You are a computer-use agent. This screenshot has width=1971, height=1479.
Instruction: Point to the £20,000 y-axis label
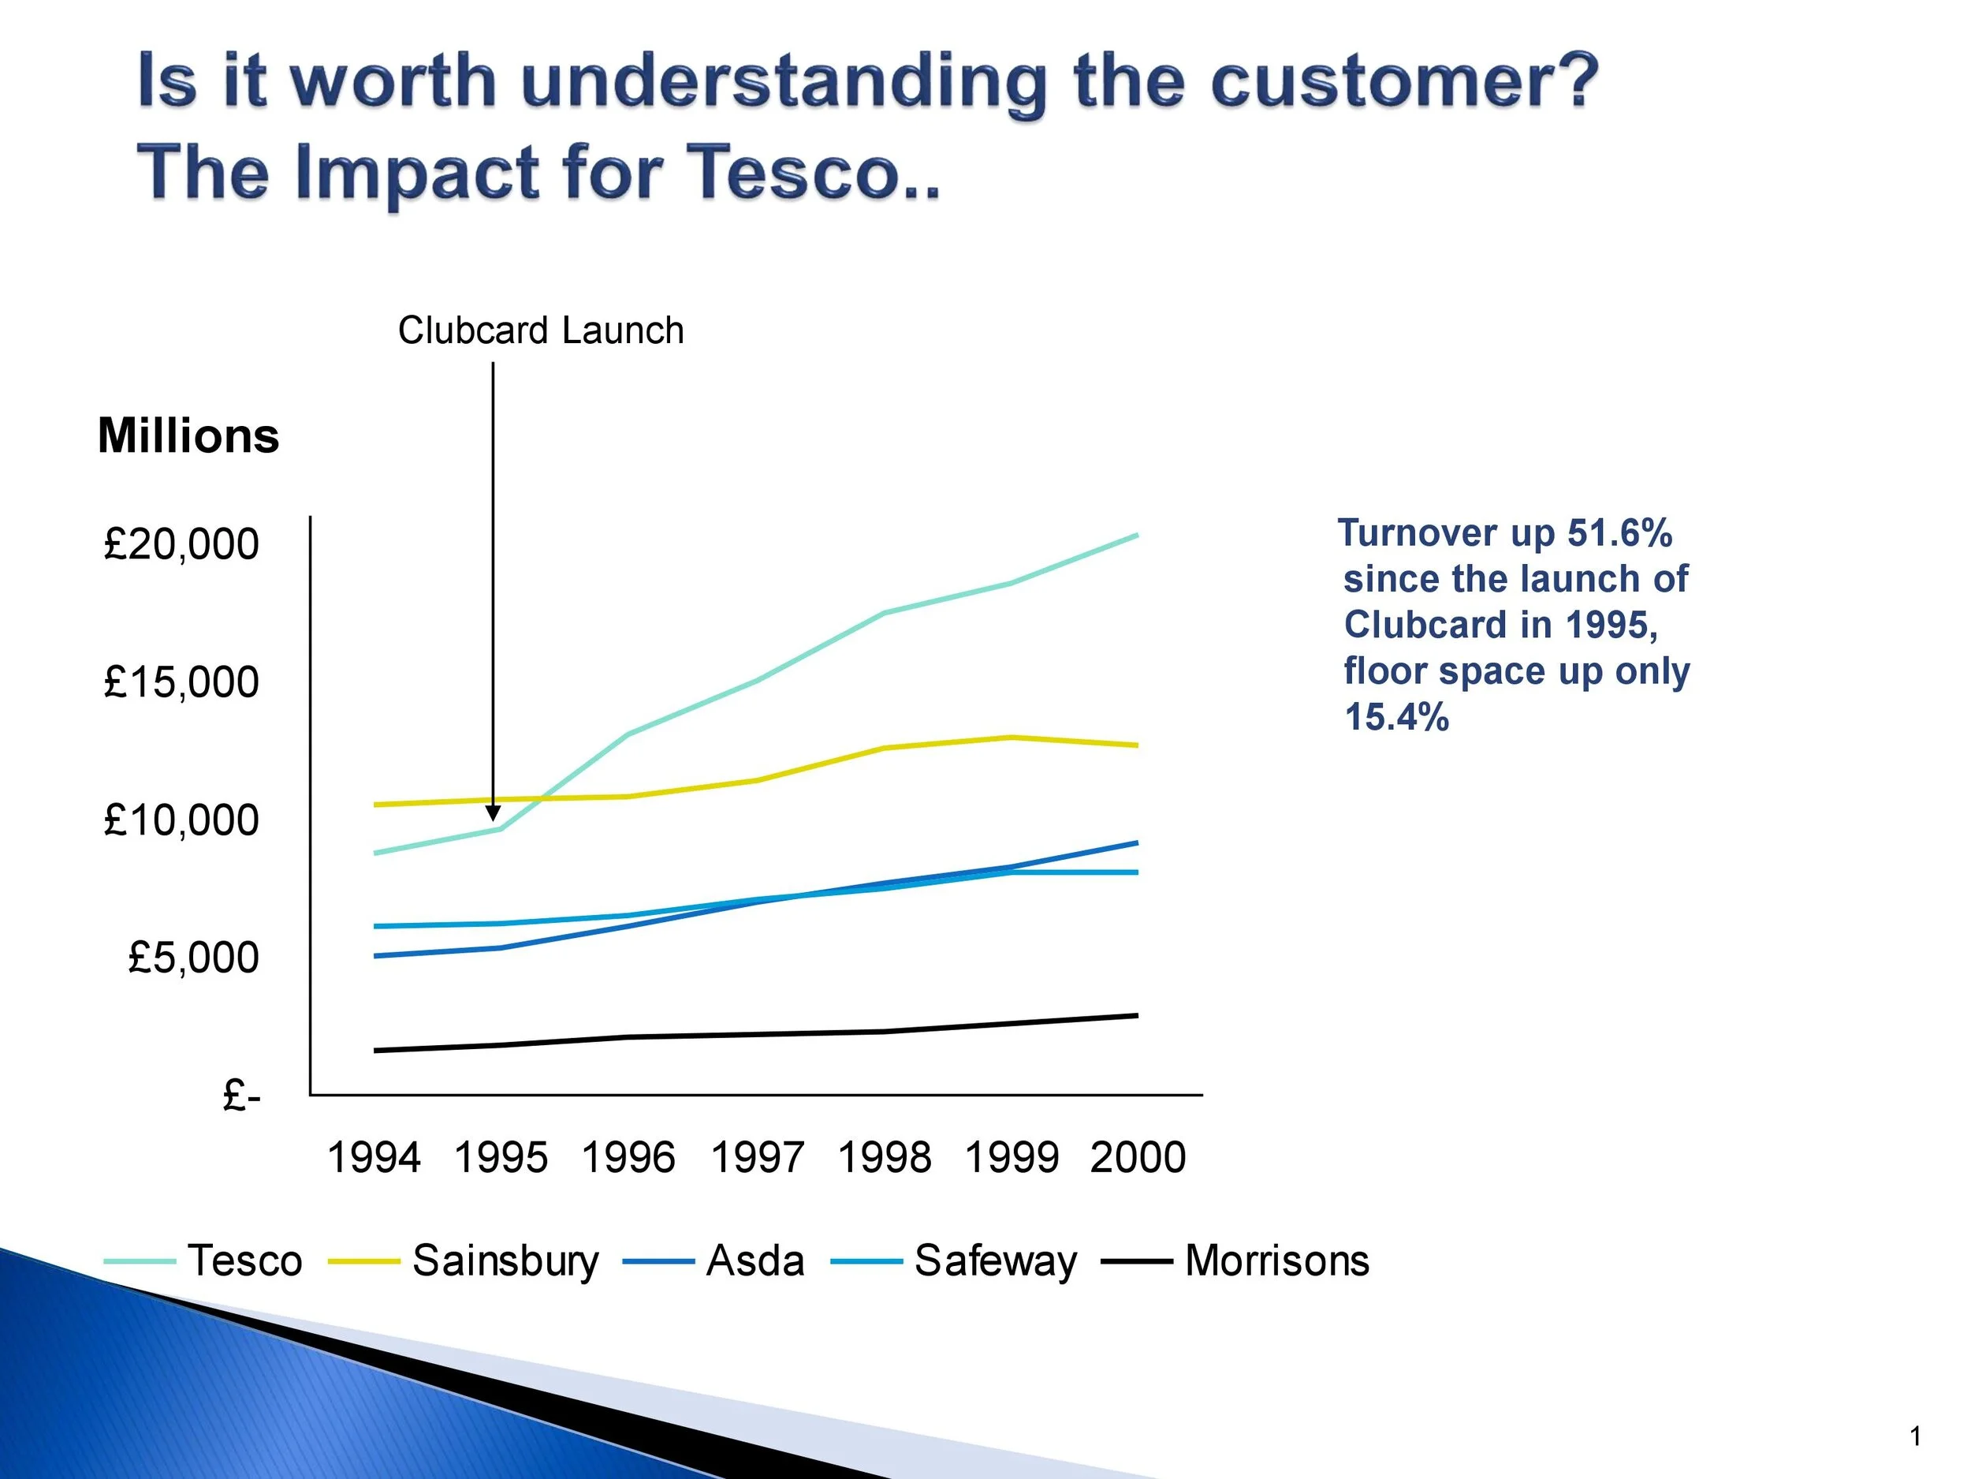click(182, 543)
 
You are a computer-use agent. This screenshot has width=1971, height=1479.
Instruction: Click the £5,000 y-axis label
click(193, 958)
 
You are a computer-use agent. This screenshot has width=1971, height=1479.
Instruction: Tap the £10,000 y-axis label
click(182, 820)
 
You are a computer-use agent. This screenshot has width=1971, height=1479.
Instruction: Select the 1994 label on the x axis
click(374, 1158)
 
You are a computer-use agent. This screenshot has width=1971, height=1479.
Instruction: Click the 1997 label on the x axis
click(757, 1158)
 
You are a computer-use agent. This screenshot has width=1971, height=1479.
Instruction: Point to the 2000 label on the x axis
click(1138, 1158)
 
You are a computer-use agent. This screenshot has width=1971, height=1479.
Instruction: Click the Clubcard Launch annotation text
click(541, 331)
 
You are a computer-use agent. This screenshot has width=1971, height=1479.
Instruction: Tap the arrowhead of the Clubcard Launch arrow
click(493, 812)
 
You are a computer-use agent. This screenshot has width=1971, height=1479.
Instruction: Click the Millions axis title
click(188, 436)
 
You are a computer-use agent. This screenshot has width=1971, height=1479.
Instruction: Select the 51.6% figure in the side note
click(1619, 533)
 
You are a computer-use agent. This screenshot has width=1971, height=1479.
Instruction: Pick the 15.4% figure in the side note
click(1396, 718)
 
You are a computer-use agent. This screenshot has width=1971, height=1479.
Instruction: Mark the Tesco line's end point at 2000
click(1137, 536)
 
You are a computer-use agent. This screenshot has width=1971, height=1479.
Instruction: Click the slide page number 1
click(1915, 1436)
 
